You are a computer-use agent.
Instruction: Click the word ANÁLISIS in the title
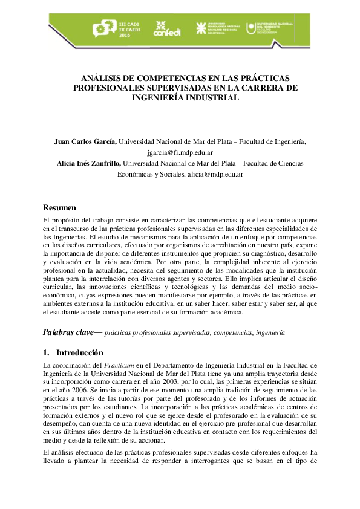pyautogui.click(x=103, y=78)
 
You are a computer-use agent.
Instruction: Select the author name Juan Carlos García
pyautogui.click(x=85, y=141)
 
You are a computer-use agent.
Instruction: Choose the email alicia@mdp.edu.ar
pyautogui.click(x=216, y=173)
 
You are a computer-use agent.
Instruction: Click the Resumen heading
pyautogui.click(x=60, y=207)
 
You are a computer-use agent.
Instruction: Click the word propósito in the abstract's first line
pyautogui.click(x=67, y=222)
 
